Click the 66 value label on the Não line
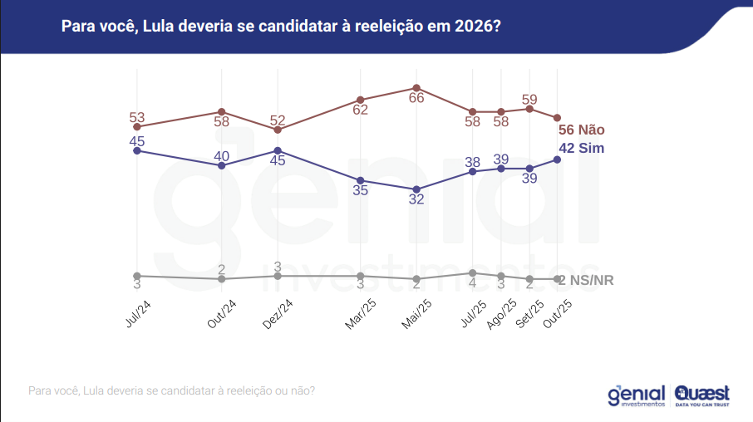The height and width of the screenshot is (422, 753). click(x=416, y=98)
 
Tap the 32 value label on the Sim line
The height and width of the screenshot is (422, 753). click(x=416, y=199)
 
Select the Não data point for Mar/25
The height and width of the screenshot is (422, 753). click(x=360, y=100)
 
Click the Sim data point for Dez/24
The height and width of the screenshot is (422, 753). click(x=278, y=150)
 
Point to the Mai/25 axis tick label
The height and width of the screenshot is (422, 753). click(x=418, y=313)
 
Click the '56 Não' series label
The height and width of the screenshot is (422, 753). click(x=581, y=130)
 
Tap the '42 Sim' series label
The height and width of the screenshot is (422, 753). click(x=581, y=148)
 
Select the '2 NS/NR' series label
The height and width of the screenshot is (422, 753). click(x=586, y=280)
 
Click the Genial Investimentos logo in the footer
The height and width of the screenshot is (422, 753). click(x=637, y=395)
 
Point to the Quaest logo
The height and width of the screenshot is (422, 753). click(x=702, y=395)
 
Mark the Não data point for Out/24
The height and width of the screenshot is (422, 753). click(x=222, y=111)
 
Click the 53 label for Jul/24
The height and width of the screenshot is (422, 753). click(x=137, y=117)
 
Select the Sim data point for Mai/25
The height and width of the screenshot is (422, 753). click(x=416, y=189)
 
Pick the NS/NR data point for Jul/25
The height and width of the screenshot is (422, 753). click(x=472, y=272)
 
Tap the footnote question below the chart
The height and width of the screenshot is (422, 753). click(x=171, y=390)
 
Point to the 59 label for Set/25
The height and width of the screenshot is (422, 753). click(x=529, y=99)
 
